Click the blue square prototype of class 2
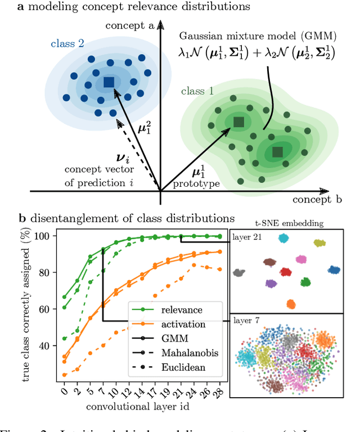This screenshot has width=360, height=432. [109, 82]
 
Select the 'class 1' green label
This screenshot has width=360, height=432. [197, 91]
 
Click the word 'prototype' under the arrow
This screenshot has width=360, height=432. [196, 183]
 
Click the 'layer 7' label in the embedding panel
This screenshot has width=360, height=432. [247, 321]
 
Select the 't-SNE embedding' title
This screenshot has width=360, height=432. [289, 223]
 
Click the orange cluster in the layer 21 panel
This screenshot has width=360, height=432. [291, 304]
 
